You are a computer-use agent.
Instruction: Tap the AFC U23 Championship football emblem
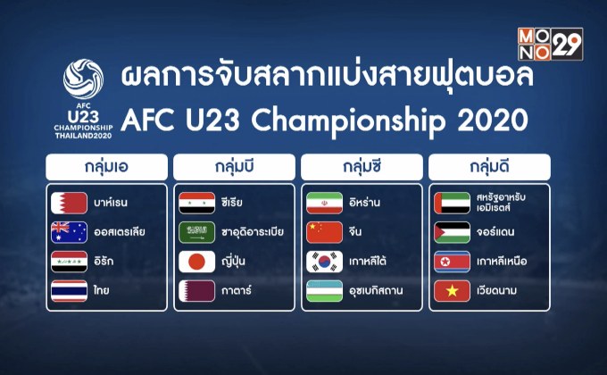pyautogui.click(x=88, y=80)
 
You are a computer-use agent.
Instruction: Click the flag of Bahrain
pyautogui.click(x=70, y=202)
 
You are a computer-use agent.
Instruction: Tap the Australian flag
pyautogui.click(x=70, y=231)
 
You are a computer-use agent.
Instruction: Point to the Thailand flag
pyautogui.click(x=70, y=290)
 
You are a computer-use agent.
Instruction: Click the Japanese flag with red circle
pyautogui.click(x=196, y=262)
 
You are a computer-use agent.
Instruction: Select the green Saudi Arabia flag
pyautogui.click(x=196, y=232)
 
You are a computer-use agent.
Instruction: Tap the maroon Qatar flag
pyautogui.click(x=196, y=291)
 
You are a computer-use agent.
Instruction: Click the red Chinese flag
pyautogui.click(x=324, y=232)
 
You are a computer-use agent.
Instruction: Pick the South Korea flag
pyautogui.click(x=324, y=262)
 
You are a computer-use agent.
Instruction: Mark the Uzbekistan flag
pyautogui.click(x=324, y=291)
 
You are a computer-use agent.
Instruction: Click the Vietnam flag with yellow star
pyautogui.click(x=451, y=291)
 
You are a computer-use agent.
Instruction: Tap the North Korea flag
pyautogui.click(x=451, y=262)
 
